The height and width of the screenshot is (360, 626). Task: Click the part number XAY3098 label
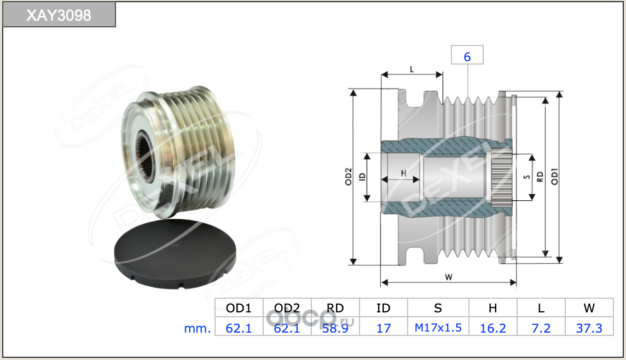point(59,15)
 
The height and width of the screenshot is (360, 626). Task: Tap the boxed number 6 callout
point(467,56)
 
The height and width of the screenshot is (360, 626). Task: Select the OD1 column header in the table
point(239,308)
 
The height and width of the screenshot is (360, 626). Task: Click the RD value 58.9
point(335,328)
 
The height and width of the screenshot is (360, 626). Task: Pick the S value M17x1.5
point(438,328)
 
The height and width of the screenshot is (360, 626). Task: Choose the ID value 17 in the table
point(384,328)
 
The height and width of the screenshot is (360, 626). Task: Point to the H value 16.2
point(492,328)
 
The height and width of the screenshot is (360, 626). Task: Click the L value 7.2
point(541,328)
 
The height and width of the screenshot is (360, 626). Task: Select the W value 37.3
point(589,328)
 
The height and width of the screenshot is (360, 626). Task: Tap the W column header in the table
point(589,308)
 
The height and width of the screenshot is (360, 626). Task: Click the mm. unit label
point(198,328)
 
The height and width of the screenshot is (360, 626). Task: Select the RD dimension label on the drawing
point(540,177)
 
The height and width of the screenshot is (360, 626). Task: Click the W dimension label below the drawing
point(449,277)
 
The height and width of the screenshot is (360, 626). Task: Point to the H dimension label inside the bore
point(403,173)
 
